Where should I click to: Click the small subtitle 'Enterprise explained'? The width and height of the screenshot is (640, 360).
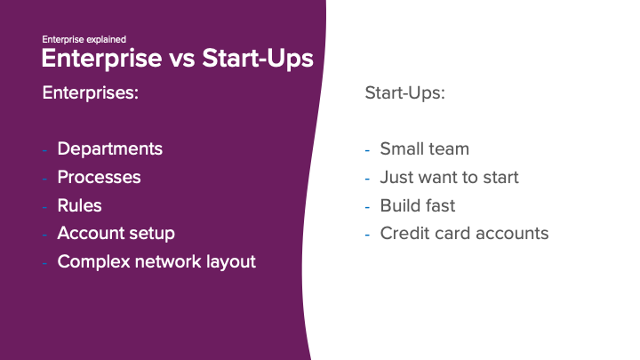84,39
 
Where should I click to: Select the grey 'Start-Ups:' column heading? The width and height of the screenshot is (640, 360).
404,92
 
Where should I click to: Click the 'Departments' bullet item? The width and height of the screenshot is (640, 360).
109,148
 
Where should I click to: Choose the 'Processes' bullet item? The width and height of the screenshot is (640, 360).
99,177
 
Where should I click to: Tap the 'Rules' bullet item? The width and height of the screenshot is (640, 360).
79,205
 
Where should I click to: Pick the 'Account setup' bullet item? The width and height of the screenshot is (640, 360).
116,234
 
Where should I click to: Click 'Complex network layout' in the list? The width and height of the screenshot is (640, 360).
156,262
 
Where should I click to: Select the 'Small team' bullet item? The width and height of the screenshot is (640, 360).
424,148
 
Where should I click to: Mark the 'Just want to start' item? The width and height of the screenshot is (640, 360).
449,177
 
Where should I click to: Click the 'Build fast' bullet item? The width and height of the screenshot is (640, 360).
417,205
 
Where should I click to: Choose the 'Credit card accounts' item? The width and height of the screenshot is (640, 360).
464,234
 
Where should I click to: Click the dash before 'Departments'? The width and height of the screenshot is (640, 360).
45,149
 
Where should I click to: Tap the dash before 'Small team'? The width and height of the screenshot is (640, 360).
367,149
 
